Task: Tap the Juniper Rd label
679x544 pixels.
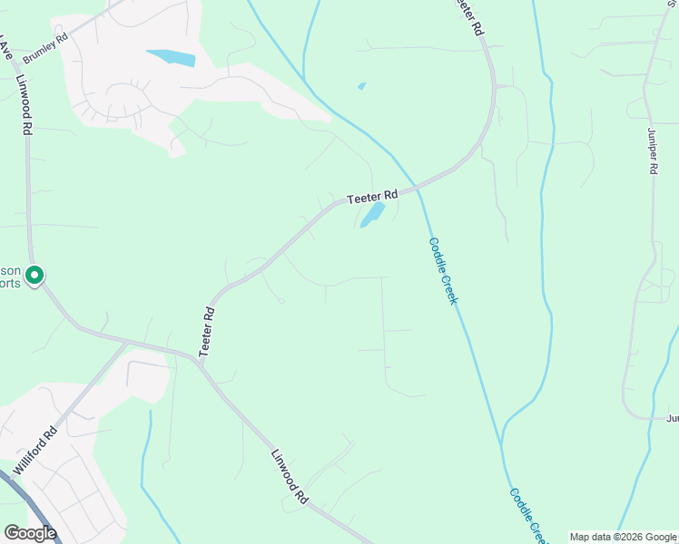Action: pyautogui.click(x=653, y=157)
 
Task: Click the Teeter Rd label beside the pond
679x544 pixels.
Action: pyautogui.click(x=372, y=195)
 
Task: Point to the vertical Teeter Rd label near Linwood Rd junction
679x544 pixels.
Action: pyautogui.click(x=207, y=330)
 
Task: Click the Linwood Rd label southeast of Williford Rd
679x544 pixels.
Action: pyautogui.click(x=290, y=476)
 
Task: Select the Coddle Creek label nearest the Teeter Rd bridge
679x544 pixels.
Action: pyautogui.click(x=442, y=270)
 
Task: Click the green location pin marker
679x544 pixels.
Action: pyautogui.click(x=34, y=274)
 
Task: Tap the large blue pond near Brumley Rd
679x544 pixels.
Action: pyautogui.click(x=172, y=58)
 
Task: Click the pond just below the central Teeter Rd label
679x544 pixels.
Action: pyautogui.click(x=372, y=216)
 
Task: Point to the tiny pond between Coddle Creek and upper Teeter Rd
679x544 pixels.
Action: pyautogui.click(x=362, y=86)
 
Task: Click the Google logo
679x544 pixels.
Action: pyautogui.click(x=30, y=533)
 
